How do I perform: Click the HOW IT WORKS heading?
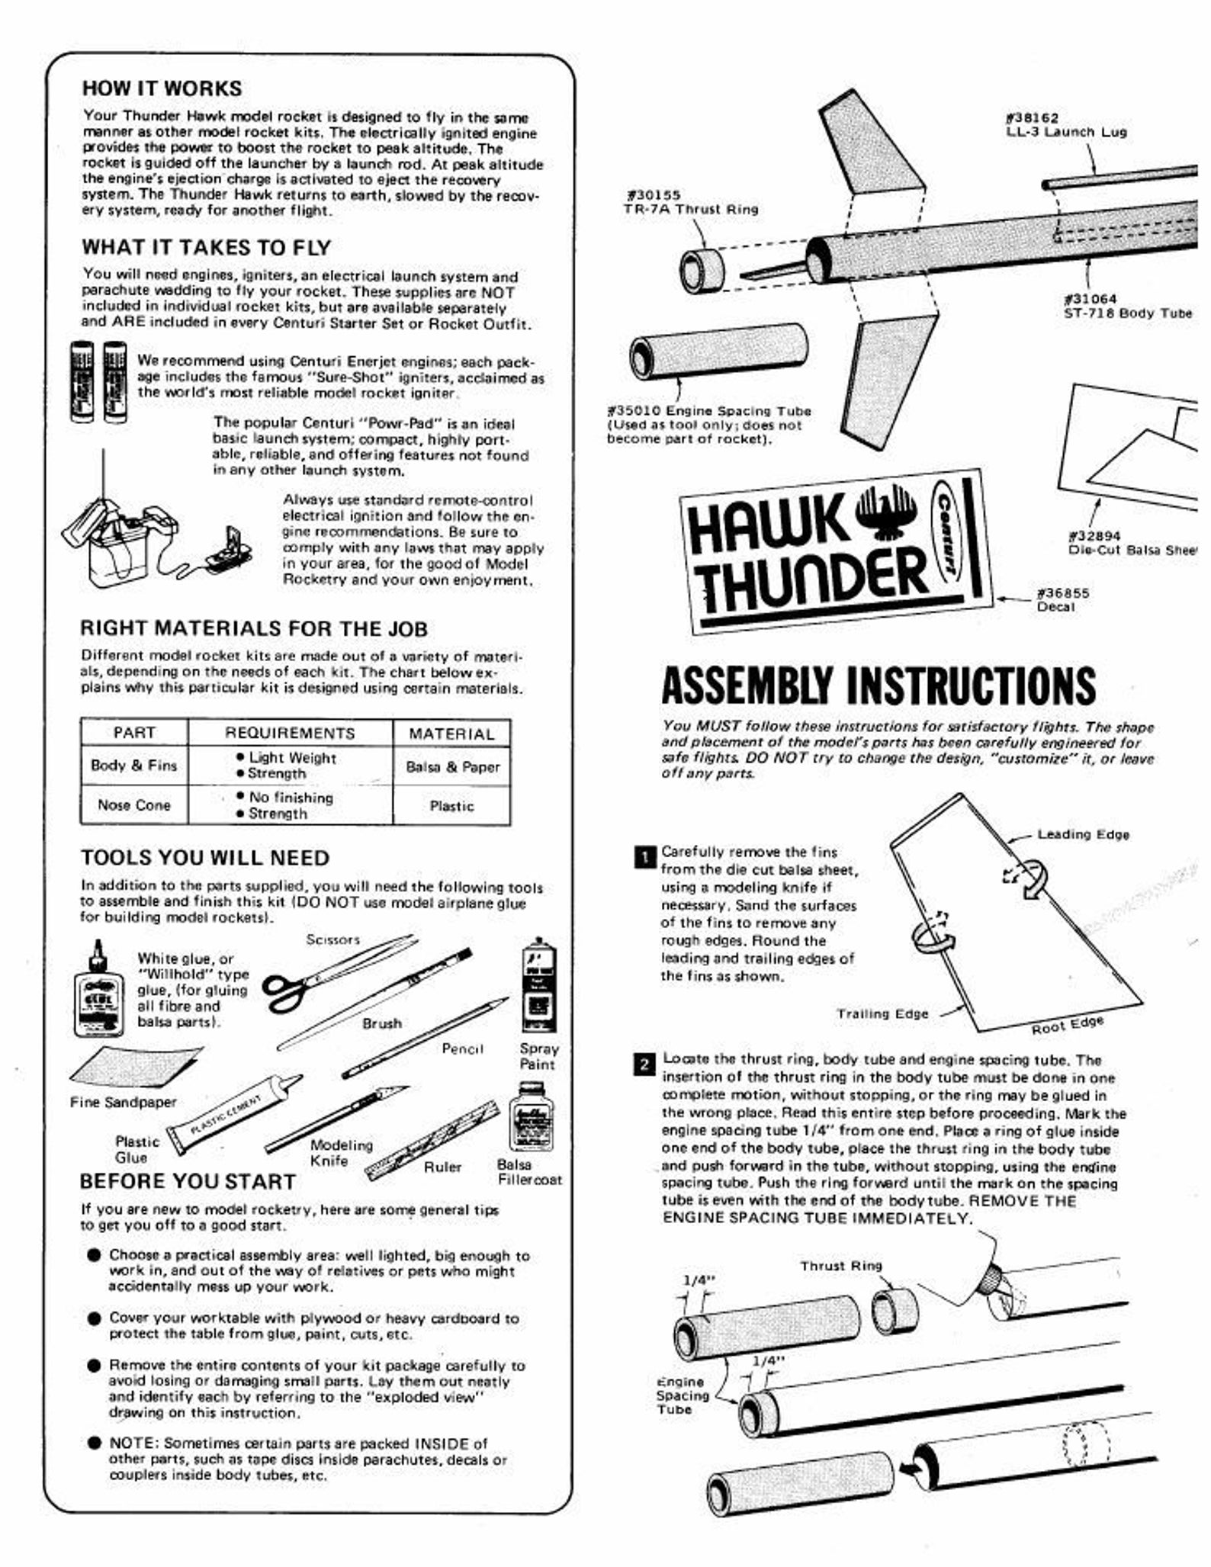[x=162, y=88]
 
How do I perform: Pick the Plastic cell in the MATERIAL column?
[x=451, y=806]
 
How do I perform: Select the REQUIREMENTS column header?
[x=290, y=734]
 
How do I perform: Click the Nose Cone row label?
[x=134, y=805]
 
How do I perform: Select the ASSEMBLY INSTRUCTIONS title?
[x=879, y=685]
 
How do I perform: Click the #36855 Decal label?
[x=1062, y=600]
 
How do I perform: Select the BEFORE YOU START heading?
[x=188, y=1182]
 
